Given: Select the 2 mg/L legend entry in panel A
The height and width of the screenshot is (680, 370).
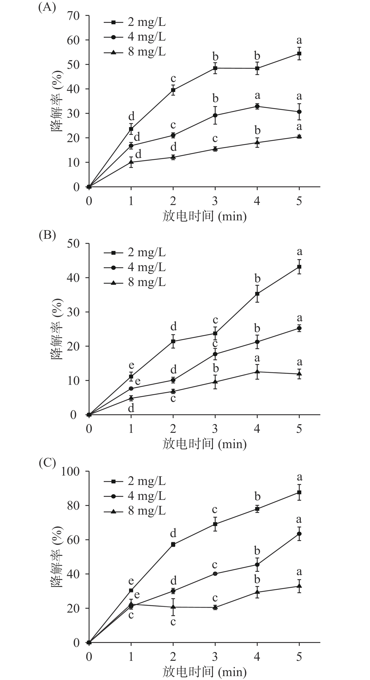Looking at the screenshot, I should [x=134, y=22].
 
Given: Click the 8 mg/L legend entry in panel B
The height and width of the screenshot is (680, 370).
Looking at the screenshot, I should [x=134, y=282].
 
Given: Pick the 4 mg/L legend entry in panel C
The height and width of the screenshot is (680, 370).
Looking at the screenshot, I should [x=134, y=496].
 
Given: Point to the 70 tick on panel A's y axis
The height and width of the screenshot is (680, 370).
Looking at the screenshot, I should [x=73, y=16].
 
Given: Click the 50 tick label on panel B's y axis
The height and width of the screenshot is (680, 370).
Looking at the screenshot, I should [x=73, y=243].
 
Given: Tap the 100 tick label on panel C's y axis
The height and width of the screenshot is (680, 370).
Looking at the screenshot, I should [x=70, y=471].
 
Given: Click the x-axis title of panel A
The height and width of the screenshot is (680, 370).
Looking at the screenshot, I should [x=204, y=216].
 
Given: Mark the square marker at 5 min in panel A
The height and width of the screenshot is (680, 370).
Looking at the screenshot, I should [x=299, y=54].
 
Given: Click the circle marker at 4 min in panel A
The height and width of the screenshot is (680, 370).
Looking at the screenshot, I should [x=257, y=106].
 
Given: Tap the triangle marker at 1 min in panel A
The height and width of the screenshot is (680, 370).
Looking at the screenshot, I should [x=131, y=162].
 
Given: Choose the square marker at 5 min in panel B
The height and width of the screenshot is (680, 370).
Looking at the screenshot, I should [x=299, y=267].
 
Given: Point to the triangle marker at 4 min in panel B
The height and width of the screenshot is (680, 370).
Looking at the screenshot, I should [x=257, y=372].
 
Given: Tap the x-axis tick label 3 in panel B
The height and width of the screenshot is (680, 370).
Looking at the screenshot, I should [x=215, y=429].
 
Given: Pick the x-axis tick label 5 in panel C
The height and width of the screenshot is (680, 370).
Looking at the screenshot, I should [x=299, y=656].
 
